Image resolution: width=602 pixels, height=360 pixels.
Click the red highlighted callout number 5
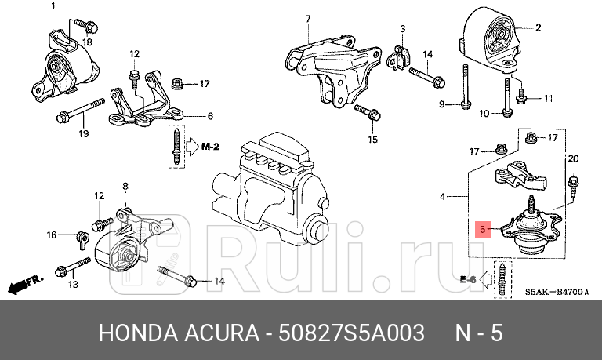coord(483,230)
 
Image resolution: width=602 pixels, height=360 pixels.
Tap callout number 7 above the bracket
coord(307,19)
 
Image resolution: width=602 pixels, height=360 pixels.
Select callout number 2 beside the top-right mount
coord(539,28)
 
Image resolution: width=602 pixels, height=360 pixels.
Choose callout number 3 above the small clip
coord(402,28)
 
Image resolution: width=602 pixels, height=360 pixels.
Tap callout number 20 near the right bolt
coord(573,159)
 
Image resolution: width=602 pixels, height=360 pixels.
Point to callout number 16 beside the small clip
coord(52,234)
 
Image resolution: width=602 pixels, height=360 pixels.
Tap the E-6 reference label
coord(469,278)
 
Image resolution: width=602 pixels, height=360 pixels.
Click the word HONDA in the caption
coord(136,333)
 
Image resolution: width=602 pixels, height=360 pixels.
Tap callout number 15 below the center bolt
coord(372,140)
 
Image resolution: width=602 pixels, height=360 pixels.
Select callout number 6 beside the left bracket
coord(210,117)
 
